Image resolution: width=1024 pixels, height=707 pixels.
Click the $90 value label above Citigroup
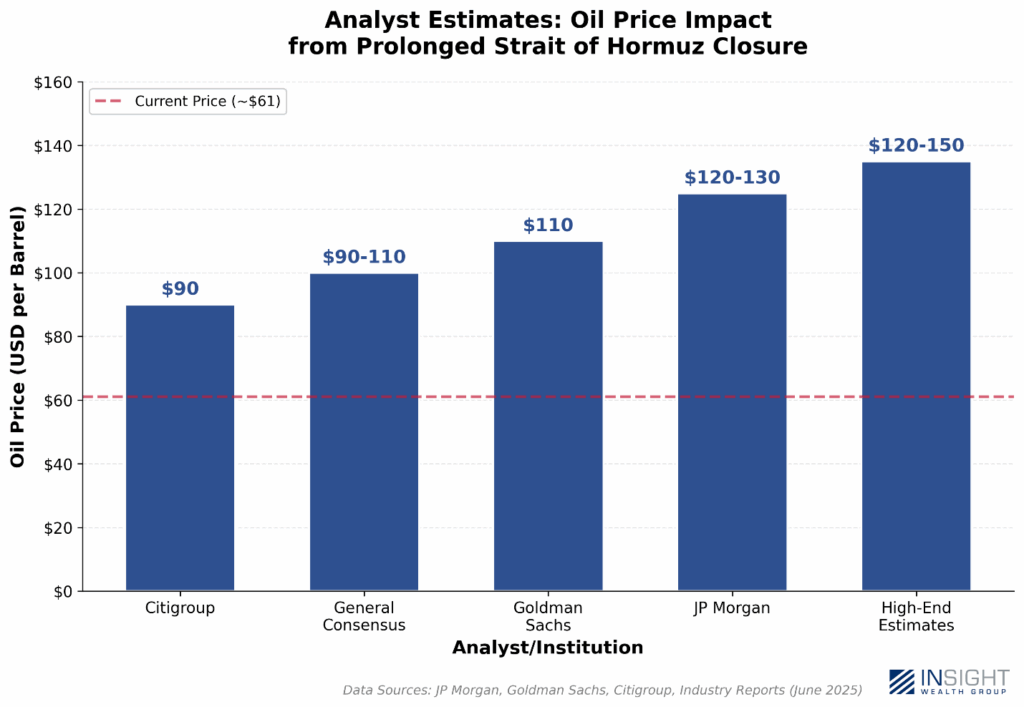pos(180,289)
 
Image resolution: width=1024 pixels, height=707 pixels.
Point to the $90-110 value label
pos(364,257)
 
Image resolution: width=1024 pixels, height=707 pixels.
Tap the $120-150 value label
pos(916,146)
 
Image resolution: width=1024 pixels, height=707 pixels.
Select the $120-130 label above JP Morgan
pos(732,178)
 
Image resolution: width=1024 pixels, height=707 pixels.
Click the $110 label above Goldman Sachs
pos(548,225)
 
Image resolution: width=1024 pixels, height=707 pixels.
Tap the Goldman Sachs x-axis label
pos(548,616)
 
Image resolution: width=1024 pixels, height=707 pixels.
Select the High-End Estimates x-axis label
pos(916,616)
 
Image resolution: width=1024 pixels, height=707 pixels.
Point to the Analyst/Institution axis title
pos(547,648)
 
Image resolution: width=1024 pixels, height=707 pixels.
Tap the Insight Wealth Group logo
pos(949,681)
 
